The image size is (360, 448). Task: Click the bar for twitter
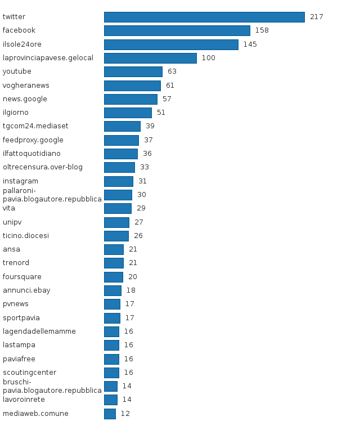pyautogui.click(x=204, y=17)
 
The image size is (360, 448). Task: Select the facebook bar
pyautogui.click(x=177, y=30)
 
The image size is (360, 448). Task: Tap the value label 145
pyautogui.click(x=250, y=44)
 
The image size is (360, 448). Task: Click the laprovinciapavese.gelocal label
pyautogui.click(x=48, y=58)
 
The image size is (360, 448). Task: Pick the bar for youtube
pyautogui.click(x=133, y=71)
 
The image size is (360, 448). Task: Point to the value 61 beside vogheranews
pyautogui.click(x=170, y=86)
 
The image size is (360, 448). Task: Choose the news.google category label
pyautogui.click(x=25, y=99)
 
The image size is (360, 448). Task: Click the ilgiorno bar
pyautogui.click(x=128, y=113)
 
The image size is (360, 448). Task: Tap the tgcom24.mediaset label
pyautogui.click(x=35, y=126)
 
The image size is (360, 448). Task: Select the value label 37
pyautogui.click(x=148, y=140)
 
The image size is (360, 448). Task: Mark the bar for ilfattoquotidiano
pyautogui.click(x=121, y=154)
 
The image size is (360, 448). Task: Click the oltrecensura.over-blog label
pyautogui.click(x=43, y=167)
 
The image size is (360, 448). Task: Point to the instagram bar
pyautogui.click(x=119, y=181)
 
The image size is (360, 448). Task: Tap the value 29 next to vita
pyautogui.click(x=141, y=208)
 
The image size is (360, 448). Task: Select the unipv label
pyautogui.click(x=12, y=222)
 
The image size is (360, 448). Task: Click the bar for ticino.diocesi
pyautogui.click(x=116, y=236)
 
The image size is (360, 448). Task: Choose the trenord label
pyautogui.click(x=16, y=263)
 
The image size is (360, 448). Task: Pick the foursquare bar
pyautogui.click(x=114, y=277)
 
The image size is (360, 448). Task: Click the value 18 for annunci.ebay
pyautogui.click(x=130, y=290)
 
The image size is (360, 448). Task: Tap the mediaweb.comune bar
pyautogui.click(x=110, y=414)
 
